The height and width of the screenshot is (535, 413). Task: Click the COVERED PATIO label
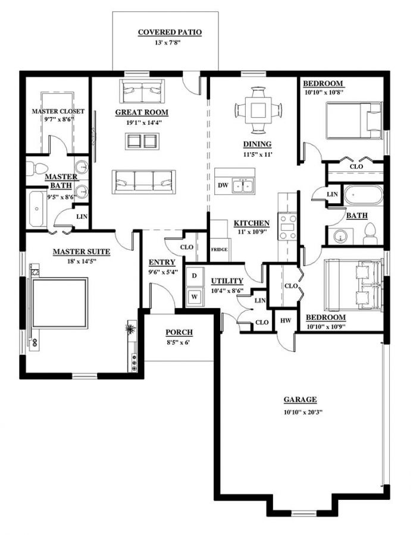tap(170, 32)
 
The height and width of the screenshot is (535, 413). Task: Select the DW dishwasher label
tap(223, 186)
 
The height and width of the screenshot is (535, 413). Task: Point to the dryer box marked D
tap(194, 276)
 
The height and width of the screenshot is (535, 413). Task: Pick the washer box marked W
tap(194, 296)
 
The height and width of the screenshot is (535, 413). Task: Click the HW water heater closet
tap(285, 321)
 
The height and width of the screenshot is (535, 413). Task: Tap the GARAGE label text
tap(299, 399)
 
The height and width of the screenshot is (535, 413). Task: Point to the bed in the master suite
tap(60, 303)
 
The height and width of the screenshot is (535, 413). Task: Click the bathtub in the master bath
tap(37, 209)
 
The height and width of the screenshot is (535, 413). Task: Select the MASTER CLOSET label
tap(58, 111)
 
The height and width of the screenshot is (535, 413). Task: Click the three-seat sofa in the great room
tap(144, 182)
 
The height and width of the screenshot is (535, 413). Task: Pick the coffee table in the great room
tap(142, 141)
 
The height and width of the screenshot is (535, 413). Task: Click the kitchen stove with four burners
tap(287, 226)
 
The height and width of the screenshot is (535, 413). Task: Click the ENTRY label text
tap(161, 262)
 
